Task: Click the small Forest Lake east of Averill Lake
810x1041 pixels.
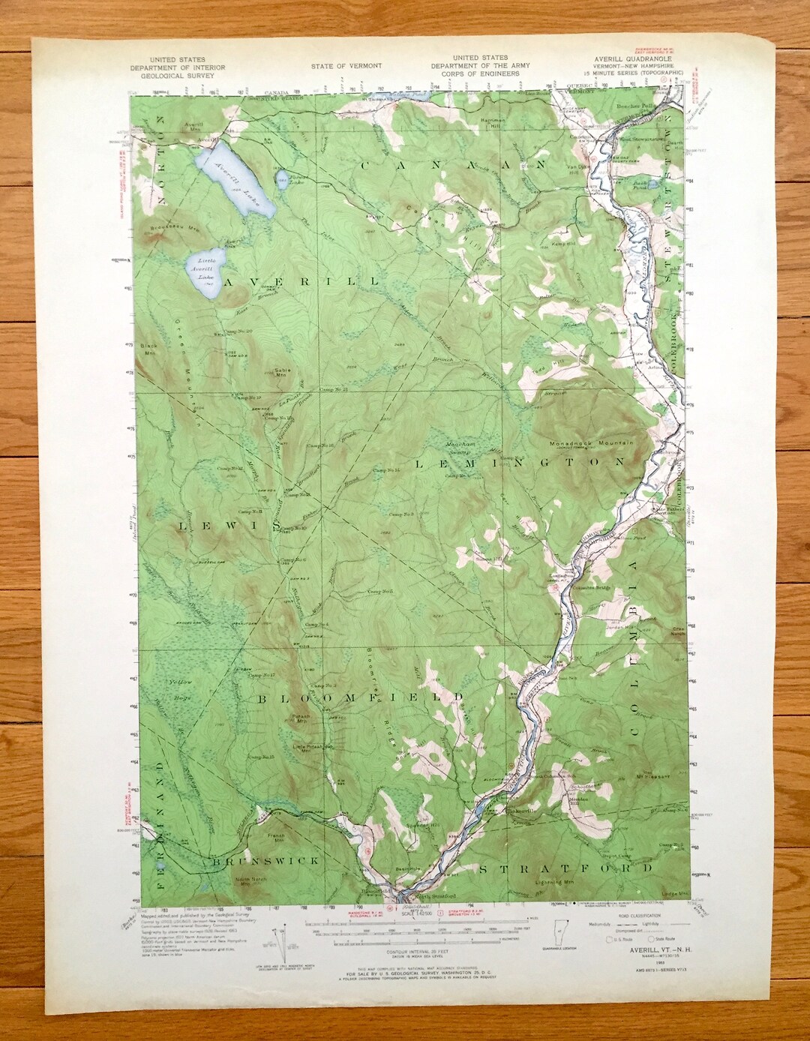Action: pyautogui.click(x=280, y=178)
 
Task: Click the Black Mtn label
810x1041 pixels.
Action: pyautogui.click(x=147, y=348)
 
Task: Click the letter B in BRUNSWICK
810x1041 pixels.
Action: pyautogui.click(x=214, y=862)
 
